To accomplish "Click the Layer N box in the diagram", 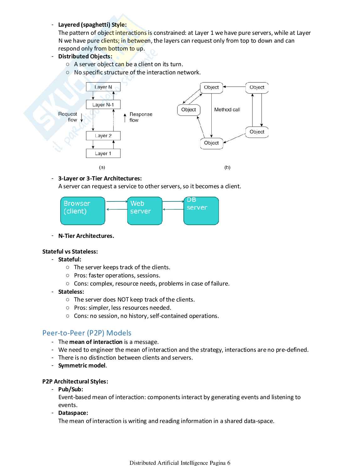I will [103, 87].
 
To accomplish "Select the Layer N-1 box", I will [103, 104].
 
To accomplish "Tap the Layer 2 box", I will [103, 136].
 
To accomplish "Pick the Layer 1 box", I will [103, 153].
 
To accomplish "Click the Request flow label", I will [68, 117].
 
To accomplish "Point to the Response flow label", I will [140, 117].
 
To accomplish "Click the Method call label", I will [227, 110].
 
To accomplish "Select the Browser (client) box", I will [82, 211].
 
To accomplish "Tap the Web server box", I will [145, 211].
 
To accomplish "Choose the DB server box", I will [201, 211].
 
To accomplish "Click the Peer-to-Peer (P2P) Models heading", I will [87, 333].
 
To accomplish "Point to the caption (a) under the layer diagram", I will [102, 167].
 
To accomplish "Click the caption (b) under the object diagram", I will [227, 167].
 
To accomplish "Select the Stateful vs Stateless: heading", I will [70, 251].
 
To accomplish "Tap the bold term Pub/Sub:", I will [71, 389].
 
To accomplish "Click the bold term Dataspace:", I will [73, 413].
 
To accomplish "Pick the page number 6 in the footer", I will [229, 463].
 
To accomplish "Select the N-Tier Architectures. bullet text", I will [86, 236].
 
